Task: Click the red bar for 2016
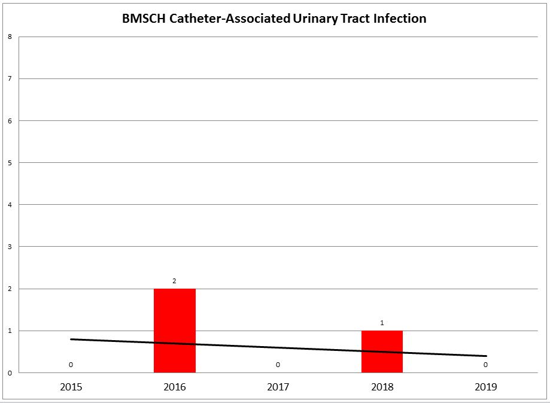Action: point(175,331)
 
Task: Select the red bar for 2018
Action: point(382,352)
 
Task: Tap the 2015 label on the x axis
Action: point(71,387)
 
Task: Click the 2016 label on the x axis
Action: point(175,387)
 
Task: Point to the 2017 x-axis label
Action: point(278,387)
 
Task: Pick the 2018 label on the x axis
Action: point(382,387)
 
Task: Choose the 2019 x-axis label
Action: point(485,387)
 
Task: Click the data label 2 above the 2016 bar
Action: point(175,281)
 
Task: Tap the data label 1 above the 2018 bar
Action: point(382,323)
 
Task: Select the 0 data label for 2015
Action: point(71,365)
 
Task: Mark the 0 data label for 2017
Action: point(278,365)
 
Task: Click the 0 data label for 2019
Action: point(485,365)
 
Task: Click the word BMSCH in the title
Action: point(142,19)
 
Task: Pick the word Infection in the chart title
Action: point(399,19)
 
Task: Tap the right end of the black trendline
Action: point(485,356)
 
